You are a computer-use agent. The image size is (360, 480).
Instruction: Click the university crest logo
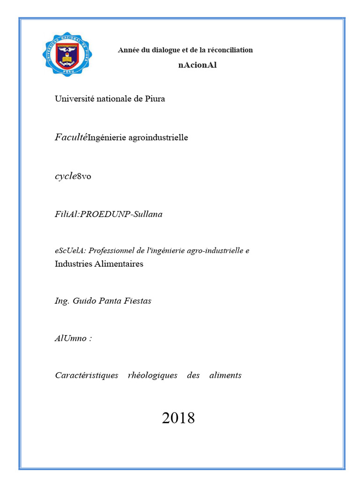pyautogui.click(x=67, y=54)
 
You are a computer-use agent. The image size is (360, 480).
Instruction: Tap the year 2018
pyautogui.click(x=178, y=418)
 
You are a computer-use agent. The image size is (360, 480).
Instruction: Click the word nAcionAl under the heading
pyautogui.click(x=197, y=65)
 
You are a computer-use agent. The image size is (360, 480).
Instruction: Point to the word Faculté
pyautogui.click(x=71, y=137)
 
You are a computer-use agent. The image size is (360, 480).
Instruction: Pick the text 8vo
pyautogui.click(x=84, y=177)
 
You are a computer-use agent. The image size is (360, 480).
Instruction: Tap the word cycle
pyautogui.click(x=66, y=176)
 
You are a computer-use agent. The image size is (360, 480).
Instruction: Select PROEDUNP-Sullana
pyautogui.click(x=121, y=215)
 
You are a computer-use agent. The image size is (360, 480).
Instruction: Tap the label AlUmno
pyautogui.click(x=71, y=338)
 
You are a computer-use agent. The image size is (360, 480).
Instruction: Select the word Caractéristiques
pyautogui.click(x=86, y=375)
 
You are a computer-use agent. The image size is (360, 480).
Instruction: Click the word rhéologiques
pyautogui.click(x=152, y=375)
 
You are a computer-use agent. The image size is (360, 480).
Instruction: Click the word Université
pyautogui.click(x=75, y=99)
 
